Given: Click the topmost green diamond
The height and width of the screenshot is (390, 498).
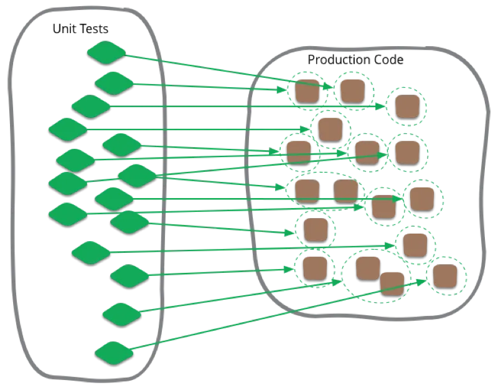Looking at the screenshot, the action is tap(106, 52).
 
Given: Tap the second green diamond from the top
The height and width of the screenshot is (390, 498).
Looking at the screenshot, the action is tap(115, 82).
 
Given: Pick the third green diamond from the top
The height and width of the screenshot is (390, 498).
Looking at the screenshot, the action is tap(91, 106).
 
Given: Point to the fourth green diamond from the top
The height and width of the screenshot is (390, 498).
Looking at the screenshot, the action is tap(68, 129).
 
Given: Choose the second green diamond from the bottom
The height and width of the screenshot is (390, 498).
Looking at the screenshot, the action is tap(122, 313).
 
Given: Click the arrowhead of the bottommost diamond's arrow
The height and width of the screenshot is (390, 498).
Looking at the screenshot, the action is tap(426, 280).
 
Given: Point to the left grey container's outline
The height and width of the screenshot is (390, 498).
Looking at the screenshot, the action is tap(8, 187).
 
